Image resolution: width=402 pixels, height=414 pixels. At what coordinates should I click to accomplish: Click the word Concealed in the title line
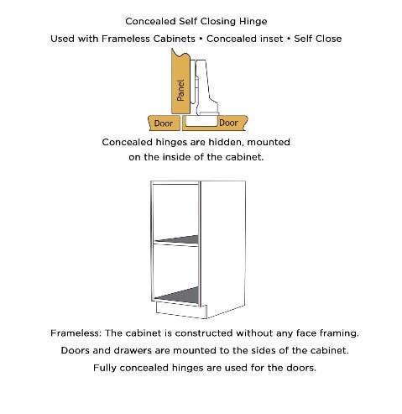tap(149, 21)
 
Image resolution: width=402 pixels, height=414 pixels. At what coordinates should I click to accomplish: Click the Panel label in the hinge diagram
tap(180, 89)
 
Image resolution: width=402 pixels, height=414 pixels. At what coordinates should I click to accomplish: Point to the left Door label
tap(164, 123)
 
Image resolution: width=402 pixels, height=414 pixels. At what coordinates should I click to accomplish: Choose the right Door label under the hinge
tap(227, 123)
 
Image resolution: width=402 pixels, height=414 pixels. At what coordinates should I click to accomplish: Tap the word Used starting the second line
tap(65, 39)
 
